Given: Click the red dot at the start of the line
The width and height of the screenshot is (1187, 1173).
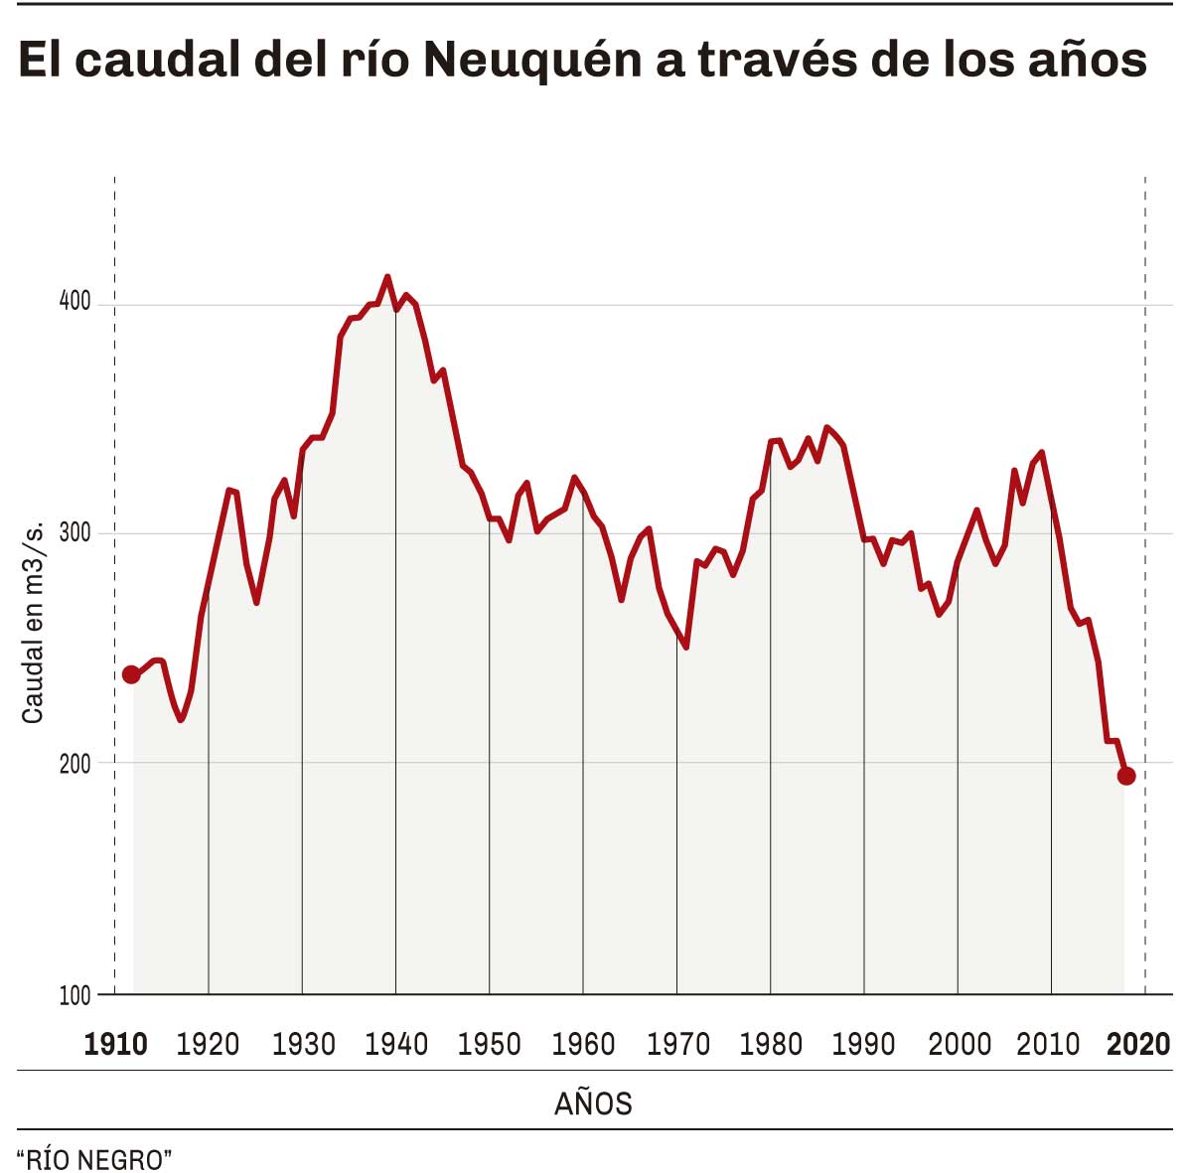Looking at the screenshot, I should coord(131,675).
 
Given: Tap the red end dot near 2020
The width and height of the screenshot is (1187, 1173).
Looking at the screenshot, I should coord(1125,776).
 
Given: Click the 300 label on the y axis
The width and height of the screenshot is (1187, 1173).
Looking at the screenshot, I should coord(74,532).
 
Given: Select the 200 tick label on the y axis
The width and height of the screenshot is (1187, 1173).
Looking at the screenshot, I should coord(74,763).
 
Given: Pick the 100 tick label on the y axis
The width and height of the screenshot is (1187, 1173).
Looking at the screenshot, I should coord(74,996).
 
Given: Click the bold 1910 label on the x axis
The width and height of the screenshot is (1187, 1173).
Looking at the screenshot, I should coord(115,1045).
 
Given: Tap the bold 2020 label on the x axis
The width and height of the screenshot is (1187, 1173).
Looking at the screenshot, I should coord(1138,1045).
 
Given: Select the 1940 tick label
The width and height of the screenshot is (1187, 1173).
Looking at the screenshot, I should coord(396,1045).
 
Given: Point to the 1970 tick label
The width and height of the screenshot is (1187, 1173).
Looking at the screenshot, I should coord(677,1045).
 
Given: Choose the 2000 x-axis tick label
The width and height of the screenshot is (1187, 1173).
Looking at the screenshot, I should coord(959,1045).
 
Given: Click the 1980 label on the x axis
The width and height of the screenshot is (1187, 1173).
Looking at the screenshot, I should coord(772,1045).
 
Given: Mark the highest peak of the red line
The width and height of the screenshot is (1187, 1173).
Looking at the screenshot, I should coord(386,277).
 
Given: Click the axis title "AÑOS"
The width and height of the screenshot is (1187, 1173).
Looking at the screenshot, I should coord(593,1103).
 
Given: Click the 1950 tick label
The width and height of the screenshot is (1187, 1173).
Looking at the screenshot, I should coord(490,1045).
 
